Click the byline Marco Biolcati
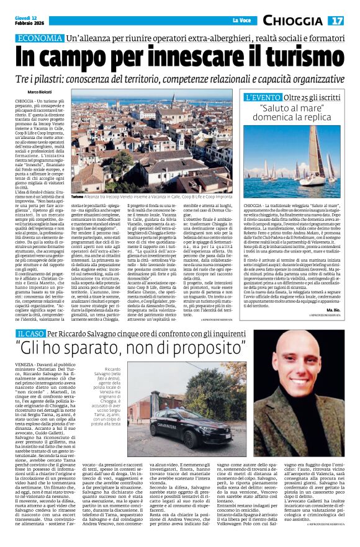point(42,92)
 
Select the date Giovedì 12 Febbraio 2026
point(26,20)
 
